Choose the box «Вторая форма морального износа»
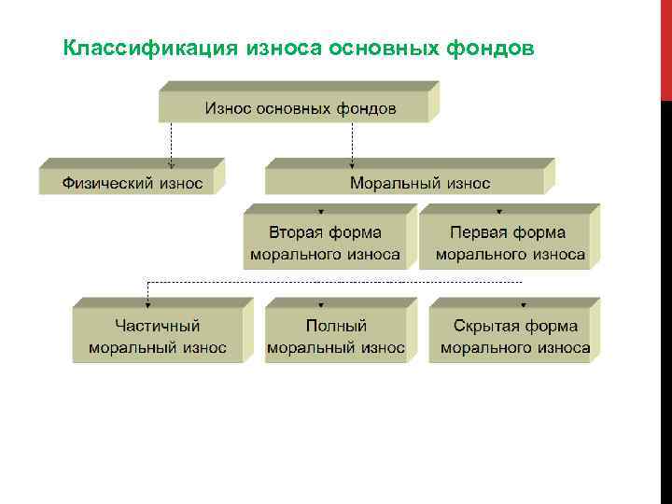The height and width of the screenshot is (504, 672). pyautogui.click(x=325, y=243)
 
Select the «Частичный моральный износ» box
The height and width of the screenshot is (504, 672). pyautogui.click(x=158, y=337)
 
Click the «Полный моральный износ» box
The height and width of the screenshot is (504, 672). pyautogui.click(x=336, y=337)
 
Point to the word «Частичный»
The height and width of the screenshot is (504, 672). pyautogui.click(x=158, y=326)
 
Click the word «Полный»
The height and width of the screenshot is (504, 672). pyautogui.click(x=336, y=326)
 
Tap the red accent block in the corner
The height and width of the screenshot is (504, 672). pyautogui.click(x=665, y=47)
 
